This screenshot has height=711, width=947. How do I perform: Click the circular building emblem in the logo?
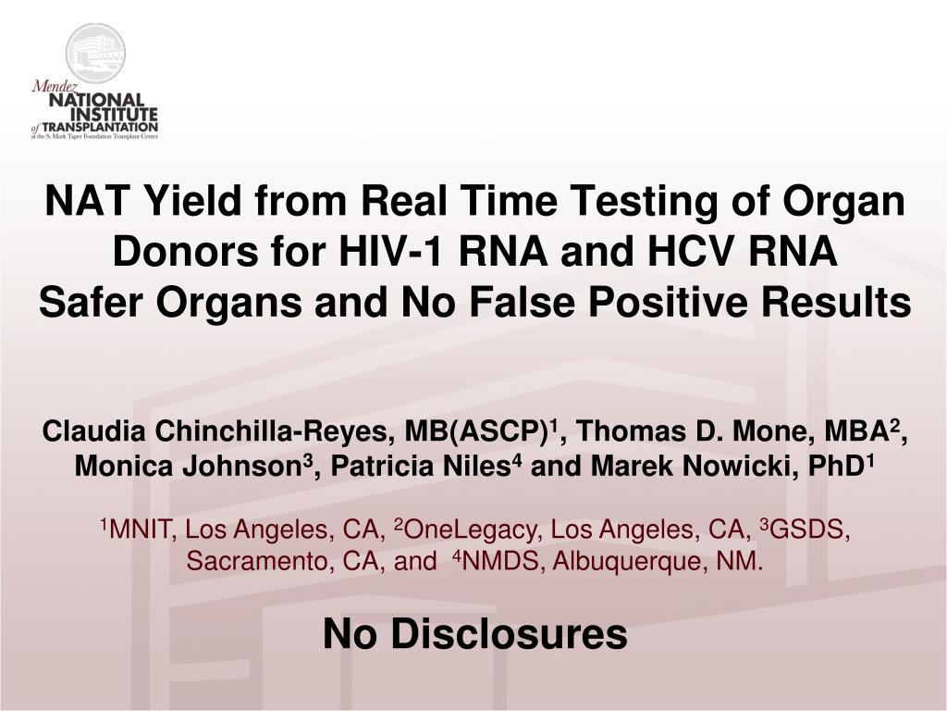95,53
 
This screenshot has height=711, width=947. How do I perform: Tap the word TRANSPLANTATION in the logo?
100,128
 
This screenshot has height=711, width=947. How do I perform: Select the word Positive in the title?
664,303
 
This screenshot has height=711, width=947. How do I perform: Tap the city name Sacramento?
260,562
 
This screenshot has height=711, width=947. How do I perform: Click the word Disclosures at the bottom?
510,634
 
